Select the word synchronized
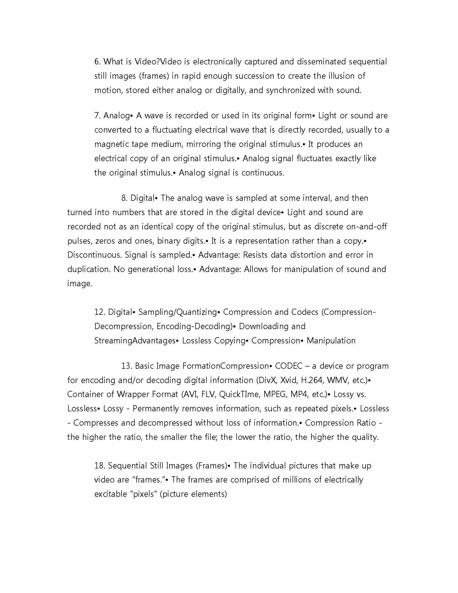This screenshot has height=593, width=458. tap(290, 90)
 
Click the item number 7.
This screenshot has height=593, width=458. tap(98, 116)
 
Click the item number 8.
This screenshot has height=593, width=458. tap(124, 198)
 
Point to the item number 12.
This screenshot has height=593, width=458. tap(100, 312)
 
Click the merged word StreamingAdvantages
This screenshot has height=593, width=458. tap(135, 341)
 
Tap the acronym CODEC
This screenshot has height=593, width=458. tap(289, 366)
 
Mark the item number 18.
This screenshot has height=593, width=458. tap(100, 466)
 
